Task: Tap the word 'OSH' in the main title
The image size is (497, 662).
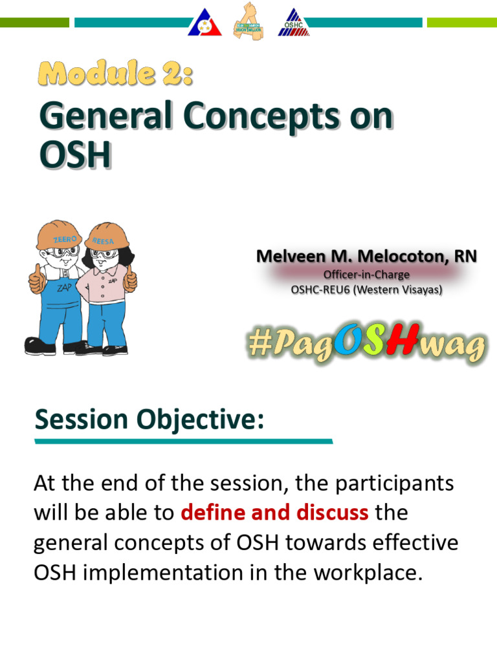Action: tap(74, 155)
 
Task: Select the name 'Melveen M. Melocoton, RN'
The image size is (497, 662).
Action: tap(366, 257)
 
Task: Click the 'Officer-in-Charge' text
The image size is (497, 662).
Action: tap(366, 275)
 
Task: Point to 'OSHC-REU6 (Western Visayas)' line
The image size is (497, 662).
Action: tap(366, 290)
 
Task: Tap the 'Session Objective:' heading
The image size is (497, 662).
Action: tap(149, 420)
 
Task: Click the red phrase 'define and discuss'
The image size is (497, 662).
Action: tap(275, 513)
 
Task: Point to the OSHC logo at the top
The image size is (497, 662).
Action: tap(294, 23)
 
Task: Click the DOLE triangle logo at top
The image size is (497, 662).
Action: tap(204, 23)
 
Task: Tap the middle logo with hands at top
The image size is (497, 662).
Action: tap(249, 22)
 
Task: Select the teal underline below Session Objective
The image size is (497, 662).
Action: tap(183, 442)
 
